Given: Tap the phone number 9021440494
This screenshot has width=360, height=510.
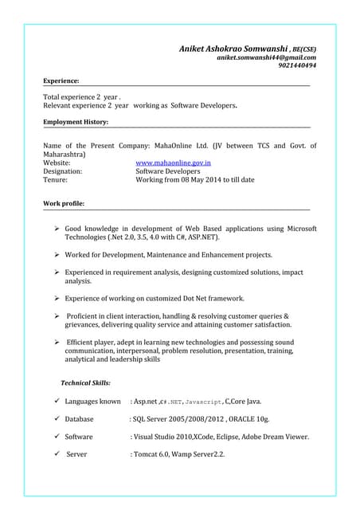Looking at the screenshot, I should (297, 66).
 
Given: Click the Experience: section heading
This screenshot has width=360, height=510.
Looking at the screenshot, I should (61, 81).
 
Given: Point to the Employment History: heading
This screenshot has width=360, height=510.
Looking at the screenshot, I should (76, 122).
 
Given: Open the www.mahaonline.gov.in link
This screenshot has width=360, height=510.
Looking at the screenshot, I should (173, 162).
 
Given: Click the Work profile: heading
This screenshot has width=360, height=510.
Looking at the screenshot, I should (64, 204).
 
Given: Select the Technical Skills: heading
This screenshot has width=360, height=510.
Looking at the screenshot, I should (85, 382).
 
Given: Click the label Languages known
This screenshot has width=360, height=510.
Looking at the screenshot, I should (92, 401).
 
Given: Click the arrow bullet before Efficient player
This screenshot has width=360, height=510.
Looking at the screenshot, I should (58, 342).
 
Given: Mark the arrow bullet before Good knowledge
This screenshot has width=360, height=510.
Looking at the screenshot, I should (58, 229).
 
